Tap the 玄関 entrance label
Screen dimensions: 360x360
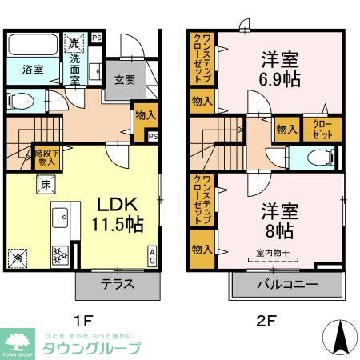[x=125, y=80]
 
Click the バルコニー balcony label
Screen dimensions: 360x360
[x=287, y=285]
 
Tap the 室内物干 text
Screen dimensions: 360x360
[x=273, y=254]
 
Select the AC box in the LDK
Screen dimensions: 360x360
[x=151, y=256]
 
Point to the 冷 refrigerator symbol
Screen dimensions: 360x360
[x=17, y=258]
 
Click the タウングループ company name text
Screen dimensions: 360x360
[x=92, y=349]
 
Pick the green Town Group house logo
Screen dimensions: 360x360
[x=18, y=339]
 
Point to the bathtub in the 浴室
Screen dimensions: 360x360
[x=34, y=46]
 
